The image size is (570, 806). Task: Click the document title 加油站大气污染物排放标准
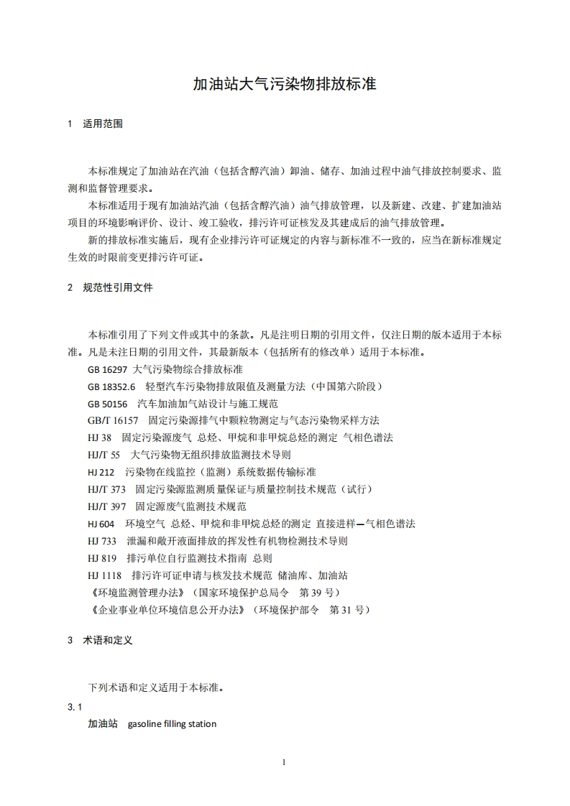[285, 85]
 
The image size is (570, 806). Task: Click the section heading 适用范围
[103, 124]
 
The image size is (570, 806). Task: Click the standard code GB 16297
[107, 369]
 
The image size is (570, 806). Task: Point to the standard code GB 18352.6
[111, 386]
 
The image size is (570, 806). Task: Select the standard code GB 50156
[107, 404]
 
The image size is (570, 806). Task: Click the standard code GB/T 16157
[113, 421]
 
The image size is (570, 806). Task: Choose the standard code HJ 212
[101, 473]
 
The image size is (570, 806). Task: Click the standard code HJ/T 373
[106, 490]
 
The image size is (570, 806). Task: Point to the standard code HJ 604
[101, 524]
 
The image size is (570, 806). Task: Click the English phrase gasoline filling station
[172, 724]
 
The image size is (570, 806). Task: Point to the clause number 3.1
[75, 708]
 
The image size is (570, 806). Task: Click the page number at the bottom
[285, 763]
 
